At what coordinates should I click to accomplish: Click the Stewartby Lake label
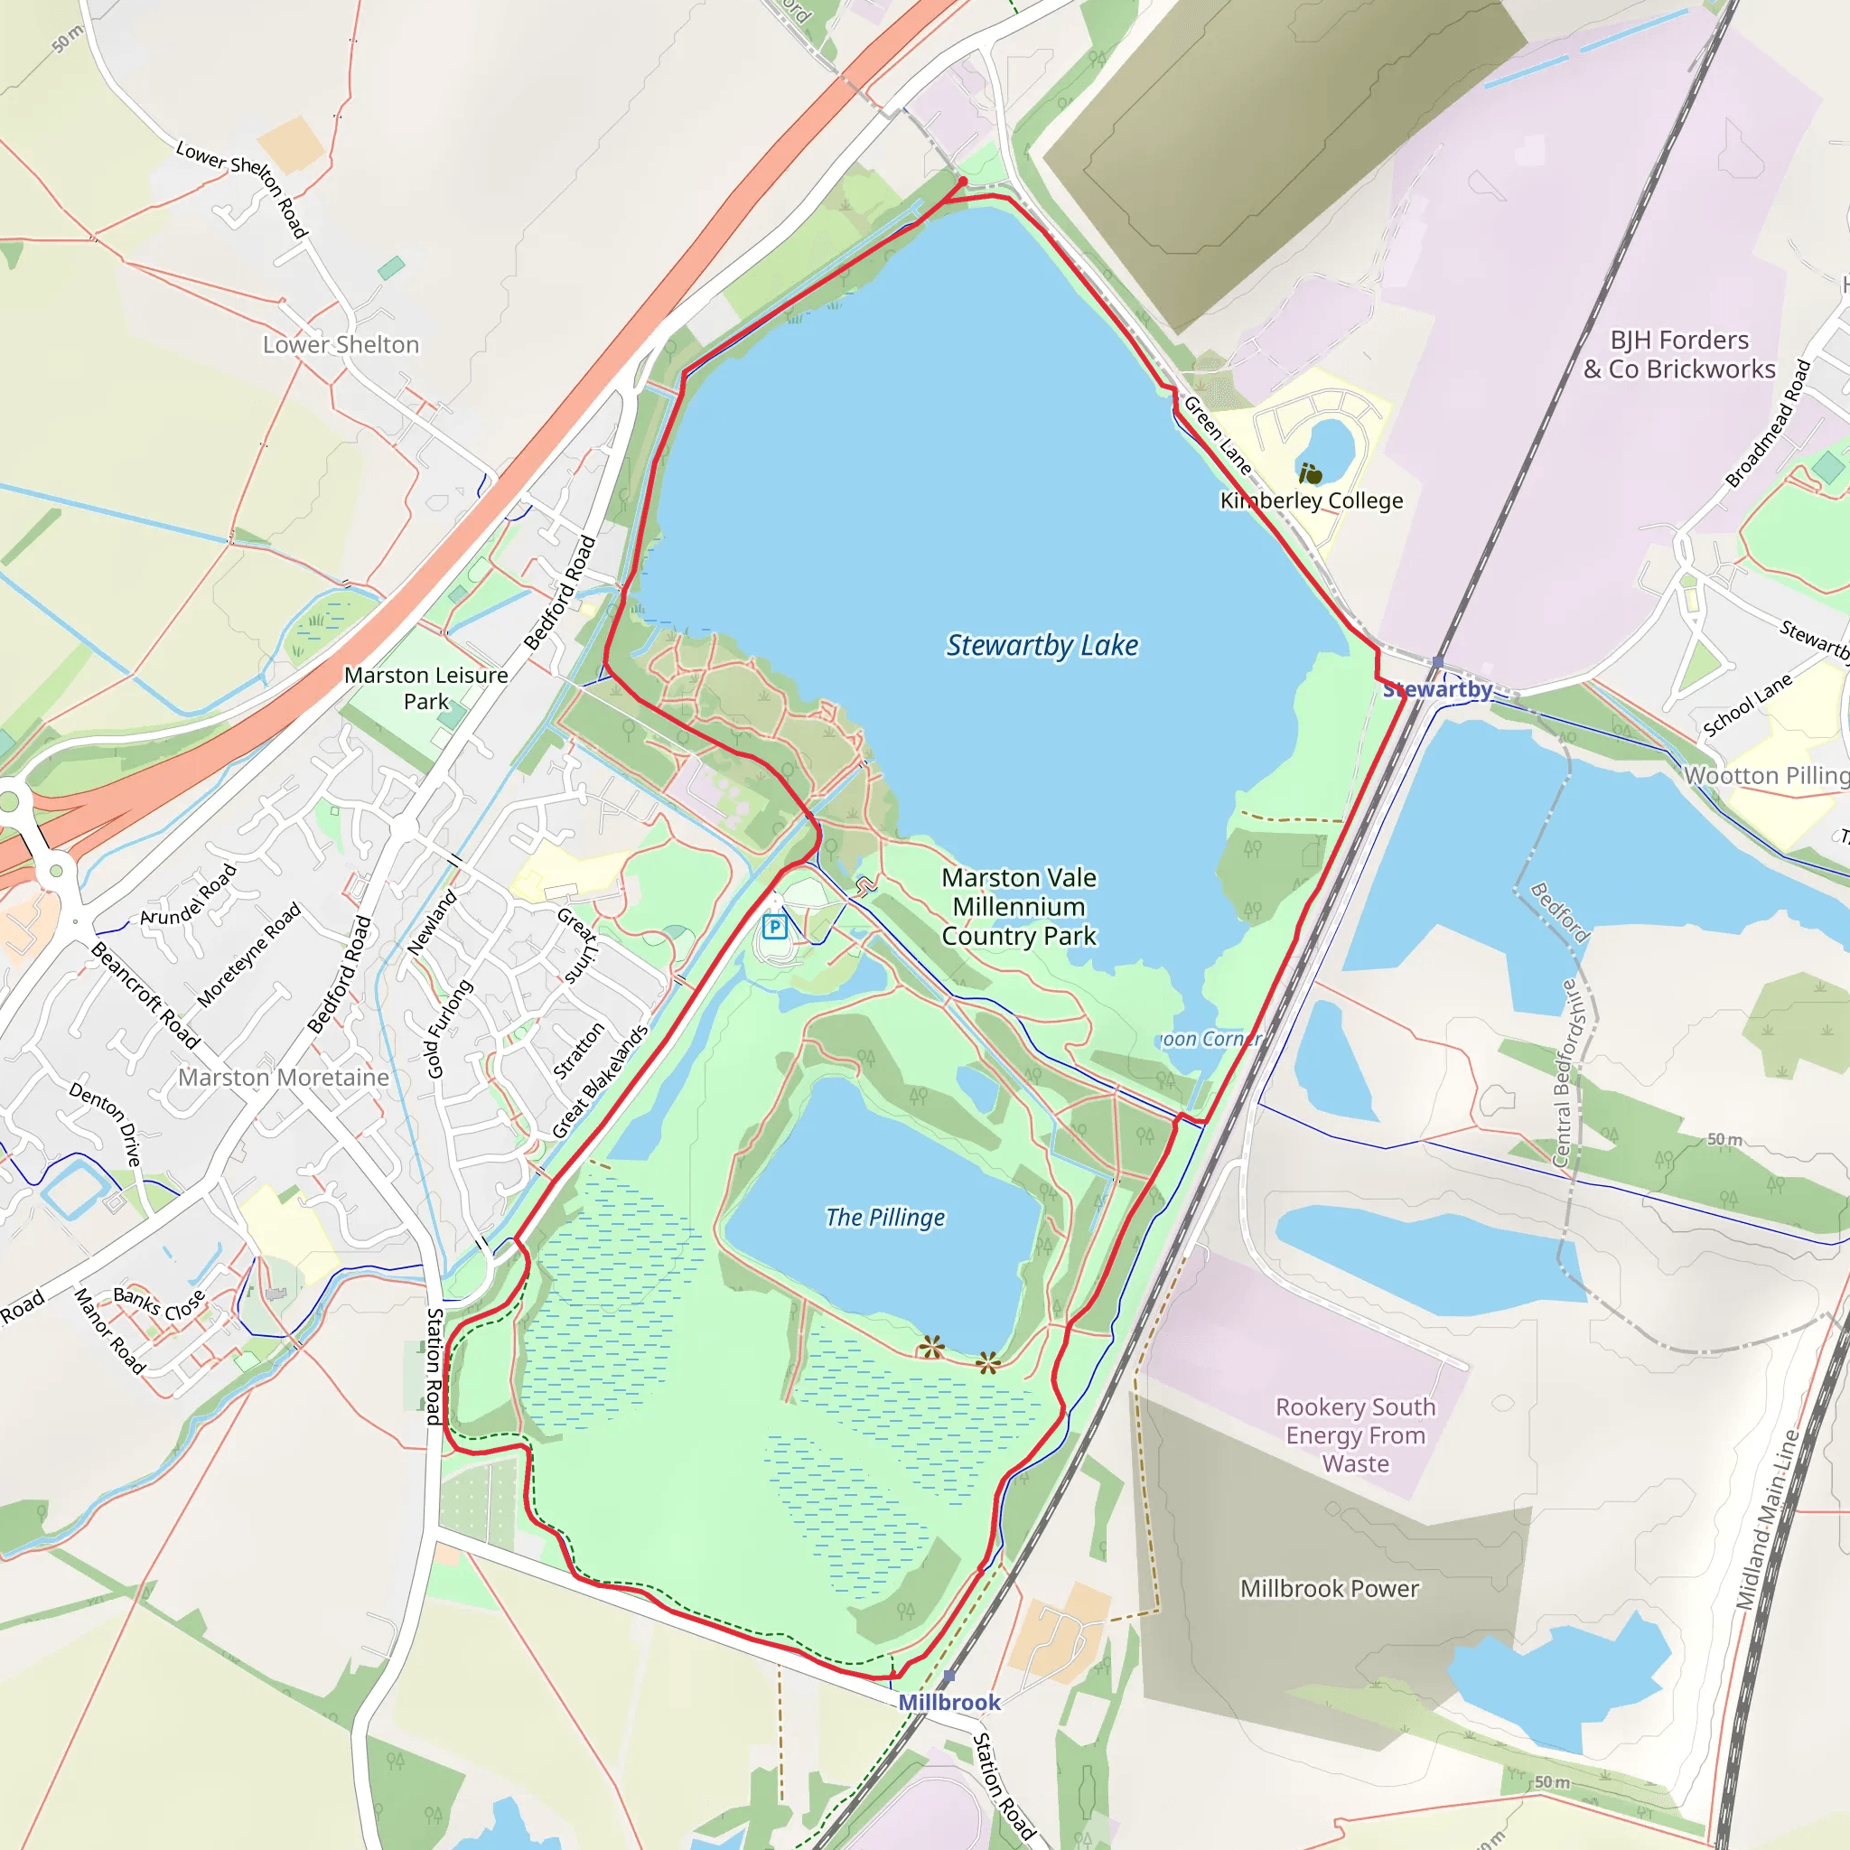(x=1042, y=645)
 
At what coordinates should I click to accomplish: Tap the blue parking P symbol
(x=775, y=926)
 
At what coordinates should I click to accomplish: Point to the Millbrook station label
(x=949, y=1702)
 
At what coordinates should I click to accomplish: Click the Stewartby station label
(x=1437, y=689)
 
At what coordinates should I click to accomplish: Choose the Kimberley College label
(x=1311, y=500)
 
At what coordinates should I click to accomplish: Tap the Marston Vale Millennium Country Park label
(x=1019, y=906)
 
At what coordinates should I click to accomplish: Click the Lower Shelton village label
(x=341, y=345)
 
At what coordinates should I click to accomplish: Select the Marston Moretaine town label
(x=284, y=1078)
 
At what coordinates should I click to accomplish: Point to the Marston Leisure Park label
(x=426, y=687)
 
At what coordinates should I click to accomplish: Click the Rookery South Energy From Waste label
(x=1355, y=1434)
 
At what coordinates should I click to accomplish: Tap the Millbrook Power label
(x=1329, y=1589)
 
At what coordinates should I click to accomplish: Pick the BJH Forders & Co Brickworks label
(x=1678, y=354)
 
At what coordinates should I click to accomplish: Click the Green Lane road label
(x=1217, y=435)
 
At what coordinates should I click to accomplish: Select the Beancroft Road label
(x=145, y=995)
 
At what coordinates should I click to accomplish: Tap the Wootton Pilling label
(x=1767, y=776)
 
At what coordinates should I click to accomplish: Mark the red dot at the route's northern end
(x=962, y=180)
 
